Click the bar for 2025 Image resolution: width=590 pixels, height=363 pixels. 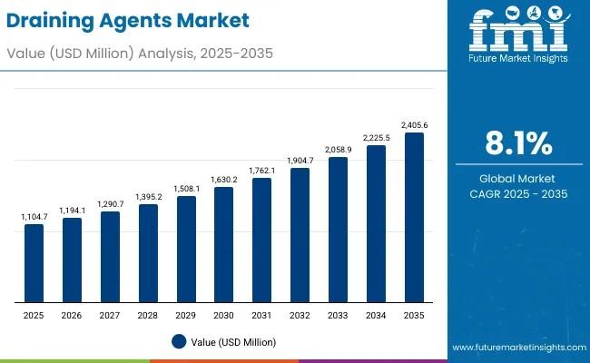(x=34, y=263)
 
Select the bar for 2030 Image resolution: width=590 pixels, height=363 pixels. (x=224, y=245)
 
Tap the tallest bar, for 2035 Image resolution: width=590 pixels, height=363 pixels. (x=414, y=218)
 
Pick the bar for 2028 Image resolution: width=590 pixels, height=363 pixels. (x=148, y=253)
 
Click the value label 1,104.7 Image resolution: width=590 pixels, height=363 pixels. (x=34, y=218)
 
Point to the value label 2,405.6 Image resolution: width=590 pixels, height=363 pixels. (x=414, y=125)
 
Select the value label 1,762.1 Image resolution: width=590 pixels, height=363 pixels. (x=262, y=170)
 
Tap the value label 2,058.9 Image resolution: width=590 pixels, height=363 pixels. (x=339, y=148)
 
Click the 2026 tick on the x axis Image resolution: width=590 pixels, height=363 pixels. (x=72, y=314)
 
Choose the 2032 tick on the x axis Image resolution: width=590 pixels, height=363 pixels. (x=300, y=314)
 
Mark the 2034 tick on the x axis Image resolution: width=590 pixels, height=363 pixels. (x=376, y=314)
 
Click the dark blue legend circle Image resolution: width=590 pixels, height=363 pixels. (x=179, y=341)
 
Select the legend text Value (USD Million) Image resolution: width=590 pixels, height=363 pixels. (x=234, y=342)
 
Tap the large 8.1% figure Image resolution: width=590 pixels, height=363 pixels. (x=518, y=142)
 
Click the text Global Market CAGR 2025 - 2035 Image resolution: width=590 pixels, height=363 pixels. (x=518, y=186)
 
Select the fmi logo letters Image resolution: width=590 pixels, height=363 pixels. (x=518, y=34)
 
